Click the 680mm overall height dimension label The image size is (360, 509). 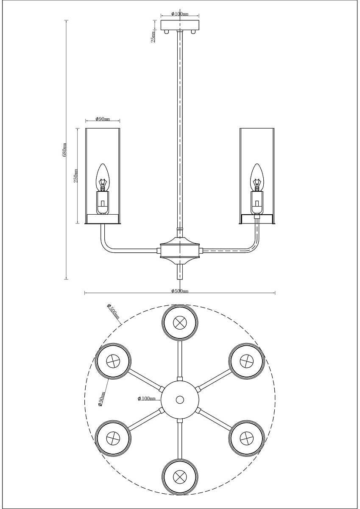tap(65, 150)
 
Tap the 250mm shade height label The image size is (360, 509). tap(76, 176)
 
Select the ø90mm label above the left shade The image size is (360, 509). tap(103, 119)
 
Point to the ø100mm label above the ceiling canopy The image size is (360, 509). tap(180, 14)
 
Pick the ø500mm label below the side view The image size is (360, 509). tap(180, 291)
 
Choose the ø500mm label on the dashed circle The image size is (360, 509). tap(113, 312)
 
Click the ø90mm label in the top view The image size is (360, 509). tap(101, 398)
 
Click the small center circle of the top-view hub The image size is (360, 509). tap(180, 400)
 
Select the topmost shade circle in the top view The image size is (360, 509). tap(180, 322)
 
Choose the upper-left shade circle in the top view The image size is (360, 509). tap(113, 361)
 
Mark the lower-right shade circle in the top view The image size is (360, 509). tap(246, 437)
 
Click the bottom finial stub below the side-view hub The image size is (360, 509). tap(180, 271)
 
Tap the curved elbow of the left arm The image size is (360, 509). tap(104, 246)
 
